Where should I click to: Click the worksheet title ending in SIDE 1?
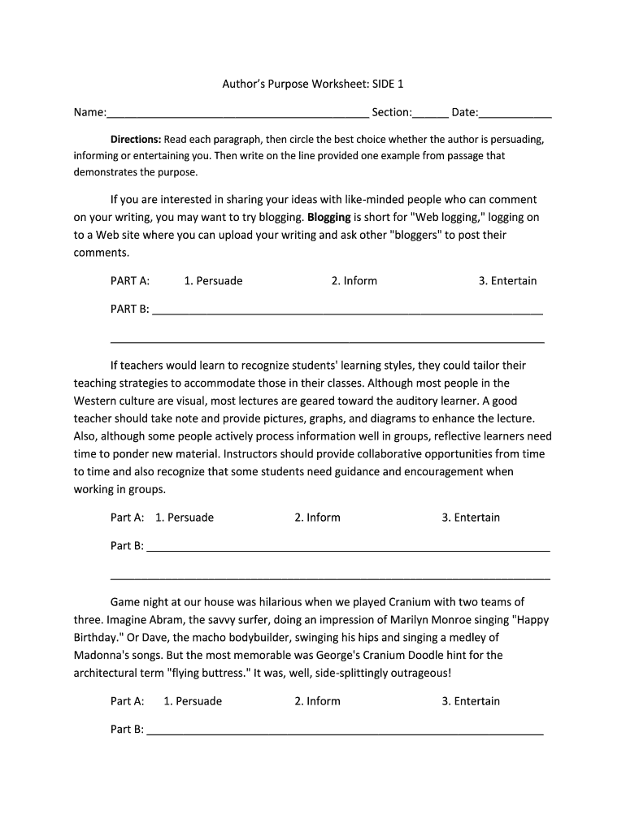(x=313, y=84)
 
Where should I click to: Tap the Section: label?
(x=392, y=112)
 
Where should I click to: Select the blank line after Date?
(x=515, y=114)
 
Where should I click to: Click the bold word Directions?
(x=136, y=139)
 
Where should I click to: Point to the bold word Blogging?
(x=329, y=217)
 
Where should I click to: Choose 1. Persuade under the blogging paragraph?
(x=213, y=281)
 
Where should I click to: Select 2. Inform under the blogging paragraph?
(x=354, y=281)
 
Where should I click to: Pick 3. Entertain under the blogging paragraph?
(x=507, y=281)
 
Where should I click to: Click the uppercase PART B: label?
(x=130, y=309)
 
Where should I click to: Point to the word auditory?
(x=393, y=401)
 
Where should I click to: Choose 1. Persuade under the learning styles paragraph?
(x=185, y=518)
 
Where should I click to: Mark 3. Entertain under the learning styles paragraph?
(x=471, y=518)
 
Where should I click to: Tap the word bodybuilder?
(x=245, y=638)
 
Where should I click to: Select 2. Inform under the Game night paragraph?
(x=317, y=701)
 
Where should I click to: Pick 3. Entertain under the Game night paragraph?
(x=471, y=701)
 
